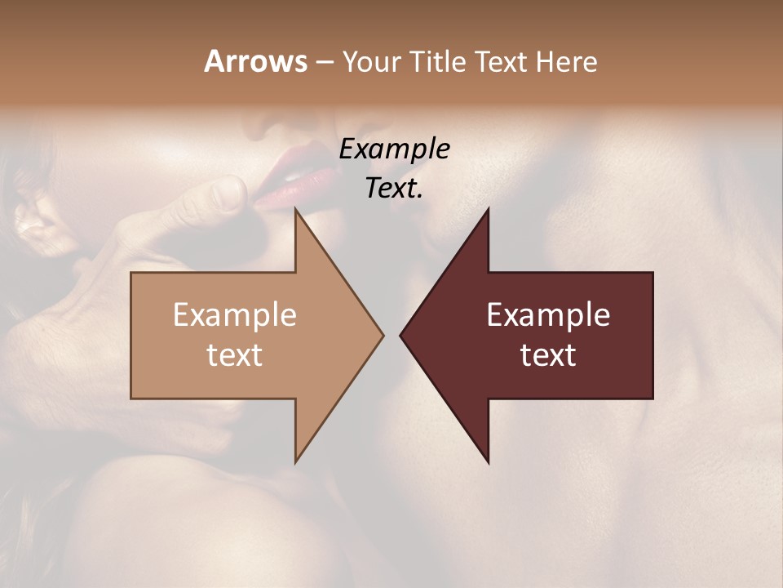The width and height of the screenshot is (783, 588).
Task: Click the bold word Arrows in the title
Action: tap(255, 62)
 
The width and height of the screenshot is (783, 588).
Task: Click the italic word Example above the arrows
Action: tap(395, 149)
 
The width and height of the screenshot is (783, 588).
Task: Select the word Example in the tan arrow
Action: tap(234, 315)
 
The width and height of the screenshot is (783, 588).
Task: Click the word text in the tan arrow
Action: tap(234, 355)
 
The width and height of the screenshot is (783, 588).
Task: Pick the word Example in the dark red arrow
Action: tap(548, 315)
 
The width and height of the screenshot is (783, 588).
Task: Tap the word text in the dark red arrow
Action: tap(548, 355)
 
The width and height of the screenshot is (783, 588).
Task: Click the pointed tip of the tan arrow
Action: tap(381, 335)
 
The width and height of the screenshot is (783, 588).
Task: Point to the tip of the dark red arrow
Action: tap(402, 335)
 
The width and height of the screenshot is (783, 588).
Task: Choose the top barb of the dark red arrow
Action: tap(487, 214)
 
